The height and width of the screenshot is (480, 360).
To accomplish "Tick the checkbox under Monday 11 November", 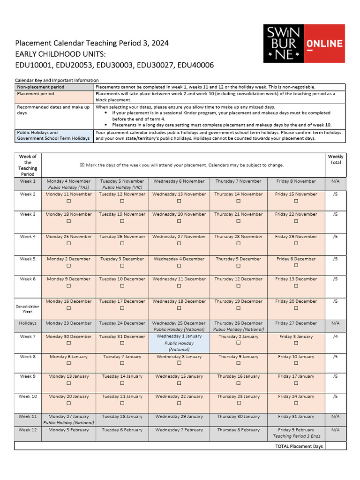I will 68,201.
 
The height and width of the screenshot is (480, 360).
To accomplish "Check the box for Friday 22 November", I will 296,221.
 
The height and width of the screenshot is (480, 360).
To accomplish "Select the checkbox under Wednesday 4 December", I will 179,266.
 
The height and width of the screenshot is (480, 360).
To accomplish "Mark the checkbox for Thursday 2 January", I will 238,343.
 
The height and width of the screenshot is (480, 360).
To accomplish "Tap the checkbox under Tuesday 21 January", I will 122,403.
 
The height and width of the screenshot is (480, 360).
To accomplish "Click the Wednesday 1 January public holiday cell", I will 179,343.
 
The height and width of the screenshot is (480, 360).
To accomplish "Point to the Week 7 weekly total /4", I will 335,337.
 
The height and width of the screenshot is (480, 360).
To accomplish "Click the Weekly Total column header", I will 335,160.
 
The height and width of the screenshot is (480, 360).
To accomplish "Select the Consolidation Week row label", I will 28,308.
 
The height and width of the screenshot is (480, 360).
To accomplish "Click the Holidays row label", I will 28,323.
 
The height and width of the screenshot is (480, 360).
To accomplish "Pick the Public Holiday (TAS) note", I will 68,187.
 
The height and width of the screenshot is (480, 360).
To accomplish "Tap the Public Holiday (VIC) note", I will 122,187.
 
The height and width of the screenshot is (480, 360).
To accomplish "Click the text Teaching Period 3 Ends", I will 296,436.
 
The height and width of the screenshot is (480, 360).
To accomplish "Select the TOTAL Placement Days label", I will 299,446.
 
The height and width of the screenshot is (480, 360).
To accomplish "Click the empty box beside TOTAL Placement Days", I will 335,446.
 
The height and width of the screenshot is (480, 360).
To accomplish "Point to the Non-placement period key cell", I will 54,87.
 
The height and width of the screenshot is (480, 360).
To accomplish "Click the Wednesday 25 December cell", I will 179,326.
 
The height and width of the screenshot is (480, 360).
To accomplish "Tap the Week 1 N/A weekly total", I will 335,181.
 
